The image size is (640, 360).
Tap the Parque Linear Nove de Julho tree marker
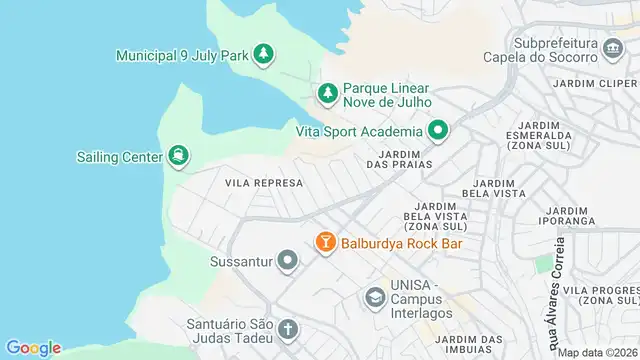tap(327, 93)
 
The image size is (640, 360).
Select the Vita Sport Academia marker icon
tap(438, 130)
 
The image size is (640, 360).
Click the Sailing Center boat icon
tap(178, 155)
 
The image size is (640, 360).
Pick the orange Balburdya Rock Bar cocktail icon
tap(325, 242)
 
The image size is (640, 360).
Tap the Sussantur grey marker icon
tap(288, 262)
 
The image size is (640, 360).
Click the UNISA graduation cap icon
tap(374, 296)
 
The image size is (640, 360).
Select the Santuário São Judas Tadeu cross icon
tap(288, 329)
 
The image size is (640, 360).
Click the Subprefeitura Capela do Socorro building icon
tap(611, 44)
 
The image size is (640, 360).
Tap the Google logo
tap(33, 347)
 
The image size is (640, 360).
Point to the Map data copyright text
tap(596, 352)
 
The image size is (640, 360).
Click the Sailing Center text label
tap(119, 156)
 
